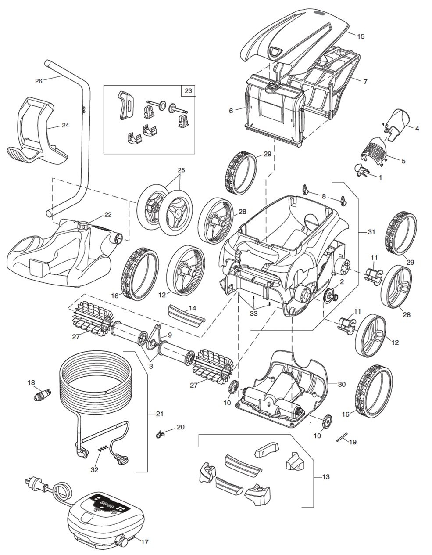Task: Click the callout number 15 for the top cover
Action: click(361, 36)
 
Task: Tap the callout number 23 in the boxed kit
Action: click(189, 92)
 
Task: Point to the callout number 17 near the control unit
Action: click(144, 542)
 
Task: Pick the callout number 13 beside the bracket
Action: click(325, 477)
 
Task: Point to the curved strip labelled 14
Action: click(185, 316)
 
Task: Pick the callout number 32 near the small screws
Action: click(94, 469)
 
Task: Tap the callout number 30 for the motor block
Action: click(342, 384)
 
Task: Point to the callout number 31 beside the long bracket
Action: click(371, 232)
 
